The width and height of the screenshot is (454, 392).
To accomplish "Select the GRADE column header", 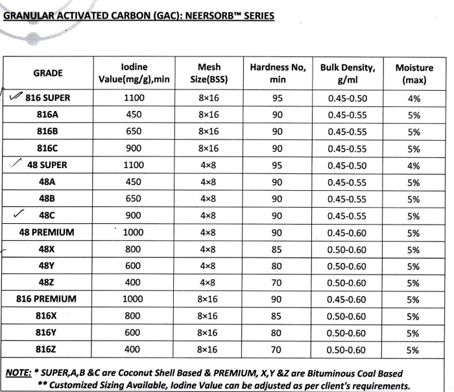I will (x=48, y=73).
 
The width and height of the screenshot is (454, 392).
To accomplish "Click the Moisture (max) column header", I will (x=414, y=73).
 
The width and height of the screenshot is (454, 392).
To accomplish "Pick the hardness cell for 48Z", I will (x=278, y=282).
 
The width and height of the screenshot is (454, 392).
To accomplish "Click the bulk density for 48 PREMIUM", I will (x=347, y=232).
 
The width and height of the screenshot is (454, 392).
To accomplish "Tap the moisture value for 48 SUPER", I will (x=414, y=165).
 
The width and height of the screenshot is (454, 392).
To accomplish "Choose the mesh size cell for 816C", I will (x=209, y=148).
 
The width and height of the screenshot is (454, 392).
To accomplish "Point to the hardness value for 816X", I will (x=278, y=316).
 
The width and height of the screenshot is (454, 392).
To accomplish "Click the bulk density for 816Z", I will (x=347, y=350).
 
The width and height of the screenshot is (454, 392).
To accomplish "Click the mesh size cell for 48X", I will (x=209, y=249).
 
